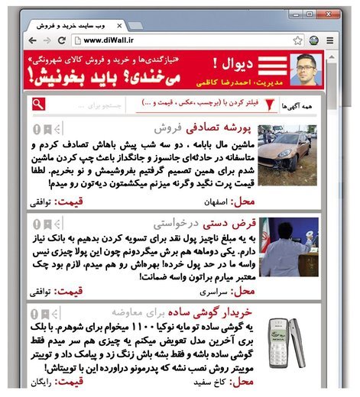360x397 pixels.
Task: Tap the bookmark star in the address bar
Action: [x=298, y=40]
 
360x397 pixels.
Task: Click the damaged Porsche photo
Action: [x=286, y=156]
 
